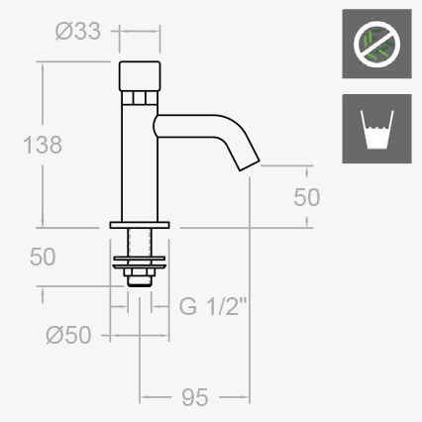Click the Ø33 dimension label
79,31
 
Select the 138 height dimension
43,145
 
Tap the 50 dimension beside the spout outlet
307,196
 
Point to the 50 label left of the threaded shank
43,257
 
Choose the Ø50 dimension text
68,335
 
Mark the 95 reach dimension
195,397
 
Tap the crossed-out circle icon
375,45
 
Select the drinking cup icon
375,130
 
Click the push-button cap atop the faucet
140,74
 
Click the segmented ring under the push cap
140,97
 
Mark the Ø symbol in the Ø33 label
63,31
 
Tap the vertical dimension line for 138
43,99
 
